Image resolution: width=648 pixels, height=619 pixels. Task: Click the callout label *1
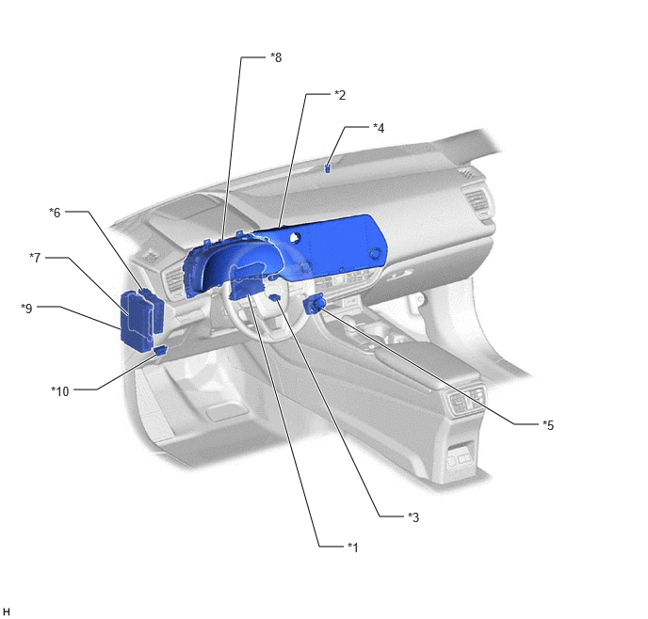(352, 548)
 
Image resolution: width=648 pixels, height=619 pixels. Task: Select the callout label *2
(340, 95)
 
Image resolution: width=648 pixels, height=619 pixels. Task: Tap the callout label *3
(413, 516)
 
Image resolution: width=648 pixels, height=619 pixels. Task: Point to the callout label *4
(379, 128)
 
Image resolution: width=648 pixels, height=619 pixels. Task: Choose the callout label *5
(548, 424)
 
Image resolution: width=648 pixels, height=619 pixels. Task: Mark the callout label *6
(55, 212)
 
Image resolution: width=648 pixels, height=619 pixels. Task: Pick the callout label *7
(35, 258)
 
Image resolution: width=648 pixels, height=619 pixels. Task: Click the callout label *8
(276, 57)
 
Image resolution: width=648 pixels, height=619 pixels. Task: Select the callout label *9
(26, 308)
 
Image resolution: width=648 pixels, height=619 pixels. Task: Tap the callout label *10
(60, 390)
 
